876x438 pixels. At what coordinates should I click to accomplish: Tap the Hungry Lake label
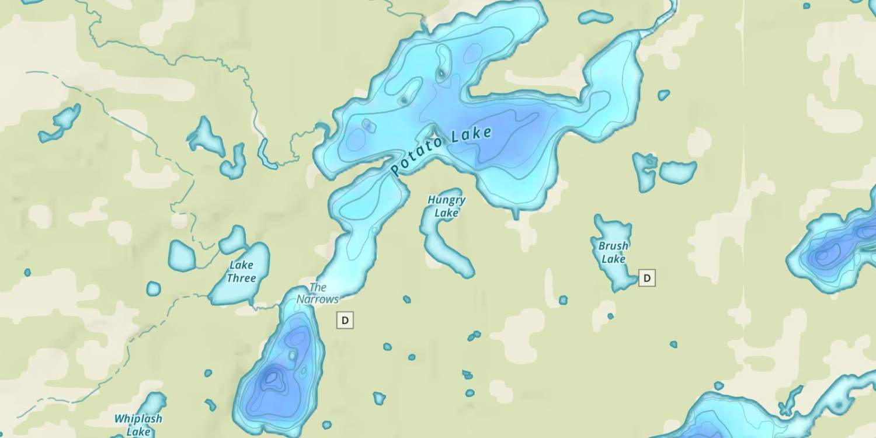446,206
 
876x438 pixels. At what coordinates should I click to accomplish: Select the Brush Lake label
613,252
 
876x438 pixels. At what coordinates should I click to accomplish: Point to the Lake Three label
241,272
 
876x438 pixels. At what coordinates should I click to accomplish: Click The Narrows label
318,293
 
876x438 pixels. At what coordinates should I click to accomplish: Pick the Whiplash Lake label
138,425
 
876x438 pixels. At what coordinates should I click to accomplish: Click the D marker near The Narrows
345,320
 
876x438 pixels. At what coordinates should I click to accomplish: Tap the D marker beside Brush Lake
646,278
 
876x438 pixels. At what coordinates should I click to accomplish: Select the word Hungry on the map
446,200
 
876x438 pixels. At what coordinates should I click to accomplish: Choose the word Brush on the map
613,246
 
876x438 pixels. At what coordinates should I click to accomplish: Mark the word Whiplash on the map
138,419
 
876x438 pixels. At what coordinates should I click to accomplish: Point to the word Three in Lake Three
241,278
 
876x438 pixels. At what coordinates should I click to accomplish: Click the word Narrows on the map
318,299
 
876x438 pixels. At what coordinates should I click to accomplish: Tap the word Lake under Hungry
446,213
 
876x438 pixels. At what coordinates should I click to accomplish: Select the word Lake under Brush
613,259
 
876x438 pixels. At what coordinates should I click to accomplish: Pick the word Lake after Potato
471,136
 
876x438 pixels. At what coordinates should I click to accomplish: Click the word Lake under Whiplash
138,433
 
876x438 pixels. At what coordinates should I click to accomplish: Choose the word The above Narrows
318,287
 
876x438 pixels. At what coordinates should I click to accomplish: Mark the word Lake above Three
241,265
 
